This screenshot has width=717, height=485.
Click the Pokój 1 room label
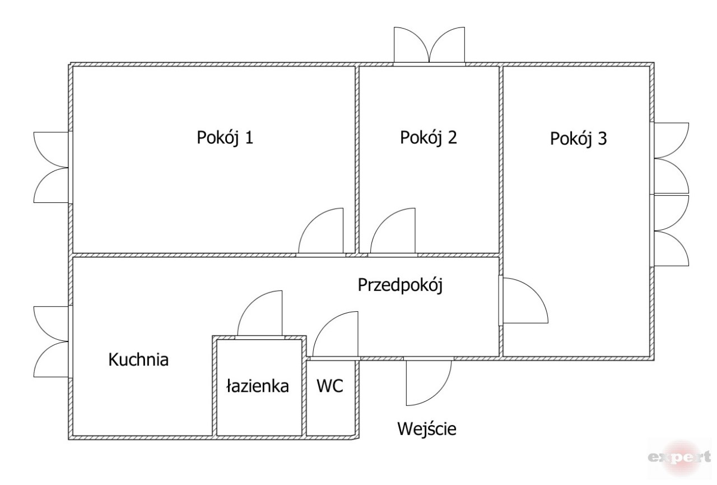point(225,138)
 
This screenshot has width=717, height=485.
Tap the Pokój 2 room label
point(429,138)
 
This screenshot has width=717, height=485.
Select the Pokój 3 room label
point(578,139)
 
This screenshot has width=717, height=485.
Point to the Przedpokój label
point(401,285)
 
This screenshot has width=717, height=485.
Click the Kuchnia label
point(138,359)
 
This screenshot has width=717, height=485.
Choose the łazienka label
point(258,386)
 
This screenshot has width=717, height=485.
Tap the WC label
point(330,386)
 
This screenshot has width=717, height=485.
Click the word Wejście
point(427,429)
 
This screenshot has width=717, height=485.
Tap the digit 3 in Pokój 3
point(602,139)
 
